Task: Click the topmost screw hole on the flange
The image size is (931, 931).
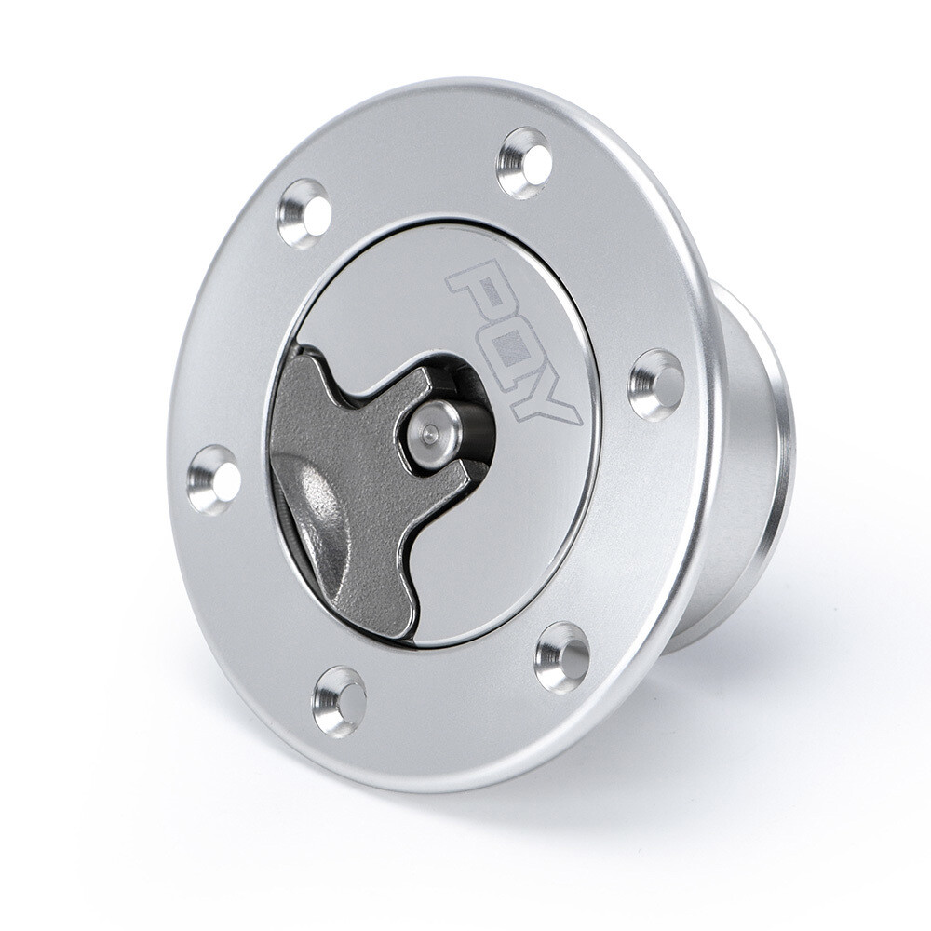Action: tap(524, 163)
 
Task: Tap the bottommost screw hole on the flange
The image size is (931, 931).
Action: tap(339, 700)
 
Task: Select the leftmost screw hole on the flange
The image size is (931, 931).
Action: tap(214, 479)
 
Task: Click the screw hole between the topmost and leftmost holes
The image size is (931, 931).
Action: tap(304, 213)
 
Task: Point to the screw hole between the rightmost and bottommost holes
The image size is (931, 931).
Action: tap(562, 657)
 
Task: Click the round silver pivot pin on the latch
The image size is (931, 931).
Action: tap(431, 435)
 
